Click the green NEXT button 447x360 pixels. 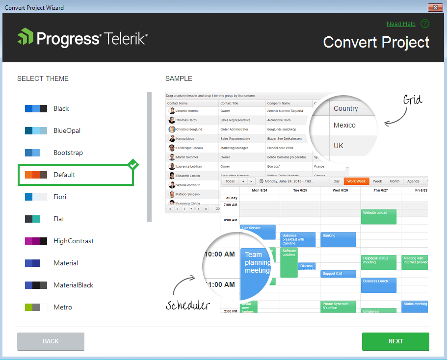(x=395, y=341)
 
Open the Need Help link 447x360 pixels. (x=401, y=24)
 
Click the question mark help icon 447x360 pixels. (x=425, y=24)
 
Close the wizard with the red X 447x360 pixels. (x=435, y=7)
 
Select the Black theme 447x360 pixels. (x=61, y=108)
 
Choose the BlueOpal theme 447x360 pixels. (x=67, y=130)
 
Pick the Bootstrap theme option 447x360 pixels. (x=68, y=153)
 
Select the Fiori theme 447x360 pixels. (x=60, y=197)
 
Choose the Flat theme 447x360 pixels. (x=59, y=219)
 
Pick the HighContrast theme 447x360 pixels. (x=74, y=241)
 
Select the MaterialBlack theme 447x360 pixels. (x=73, y=285)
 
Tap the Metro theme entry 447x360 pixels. (x=63, y=307)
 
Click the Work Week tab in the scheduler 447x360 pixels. (x=356, y=181)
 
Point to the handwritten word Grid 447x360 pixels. (x=413, y=101)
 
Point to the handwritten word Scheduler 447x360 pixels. (x=188, y=306)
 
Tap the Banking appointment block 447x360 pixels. (x=338, y=239)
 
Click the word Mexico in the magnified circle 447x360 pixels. (x=344, y=125)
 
